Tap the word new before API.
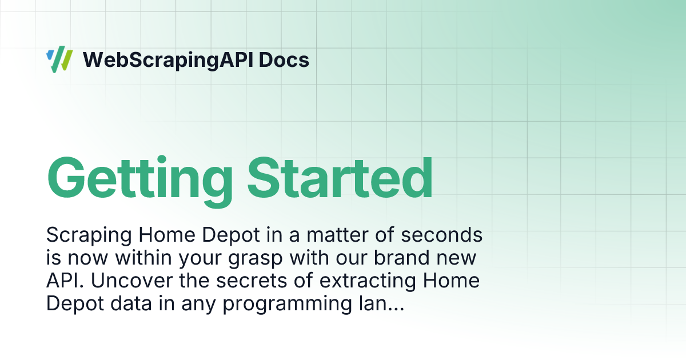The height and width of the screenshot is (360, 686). click(457, 258)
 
